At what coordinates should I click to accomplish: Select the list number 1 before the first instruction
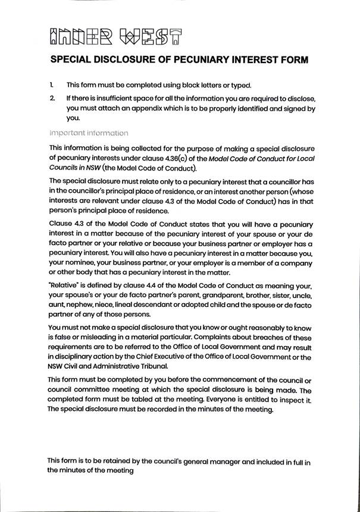pos(52,85)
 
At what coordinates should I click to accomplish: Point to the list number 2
pos(52,98)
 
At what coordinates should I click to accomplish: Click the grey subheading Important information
pos(88,133)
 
